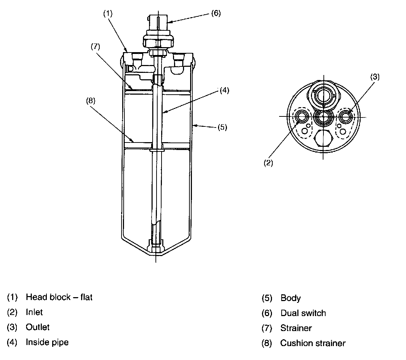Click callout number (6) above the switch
tap(216, 14)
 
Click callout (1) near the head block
tap(108, 14)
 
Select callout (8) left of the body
tap(90, 100)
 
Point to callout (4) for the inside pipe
tap(224, 90)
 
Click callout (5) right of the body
tap(222, 127)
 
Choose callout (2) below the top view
tap(268, 163)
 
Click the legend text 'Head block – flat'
tap(59, 297)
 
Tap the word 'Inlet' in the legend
tap(34, 312)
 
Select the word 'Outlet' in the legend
tap(38, 327)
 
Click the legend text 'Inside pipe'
tap(47, 342)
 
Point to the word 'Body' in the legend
tap(291, 298)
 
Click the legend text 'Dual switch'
tap(303, 313)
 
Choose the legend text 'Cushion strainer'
tap(313, 344)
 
